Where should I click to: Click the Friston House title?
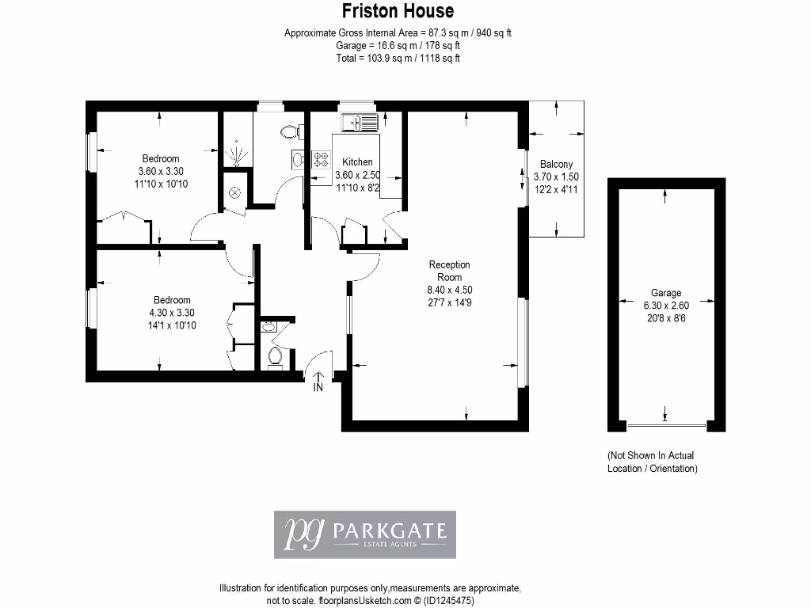[398, 11]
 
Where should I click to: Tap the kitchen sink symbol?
[360, 122]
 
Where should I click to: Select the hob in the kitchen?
[322, 159]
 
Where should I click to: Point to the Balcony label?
[556, 165]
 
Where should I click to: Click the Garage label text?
[666, 293]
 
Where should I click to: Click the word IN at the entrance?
[318, 388]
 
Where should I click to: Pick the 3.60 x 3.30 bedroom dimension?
[161, 171]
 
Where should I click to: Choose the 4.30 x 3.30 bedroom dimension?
[172, 313]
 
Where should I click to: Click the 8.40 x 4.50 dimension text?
[449, 290]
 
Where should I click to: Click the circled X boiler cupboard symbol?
[235, 192]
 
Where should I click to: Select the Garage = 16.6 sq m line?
[398, 45]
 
